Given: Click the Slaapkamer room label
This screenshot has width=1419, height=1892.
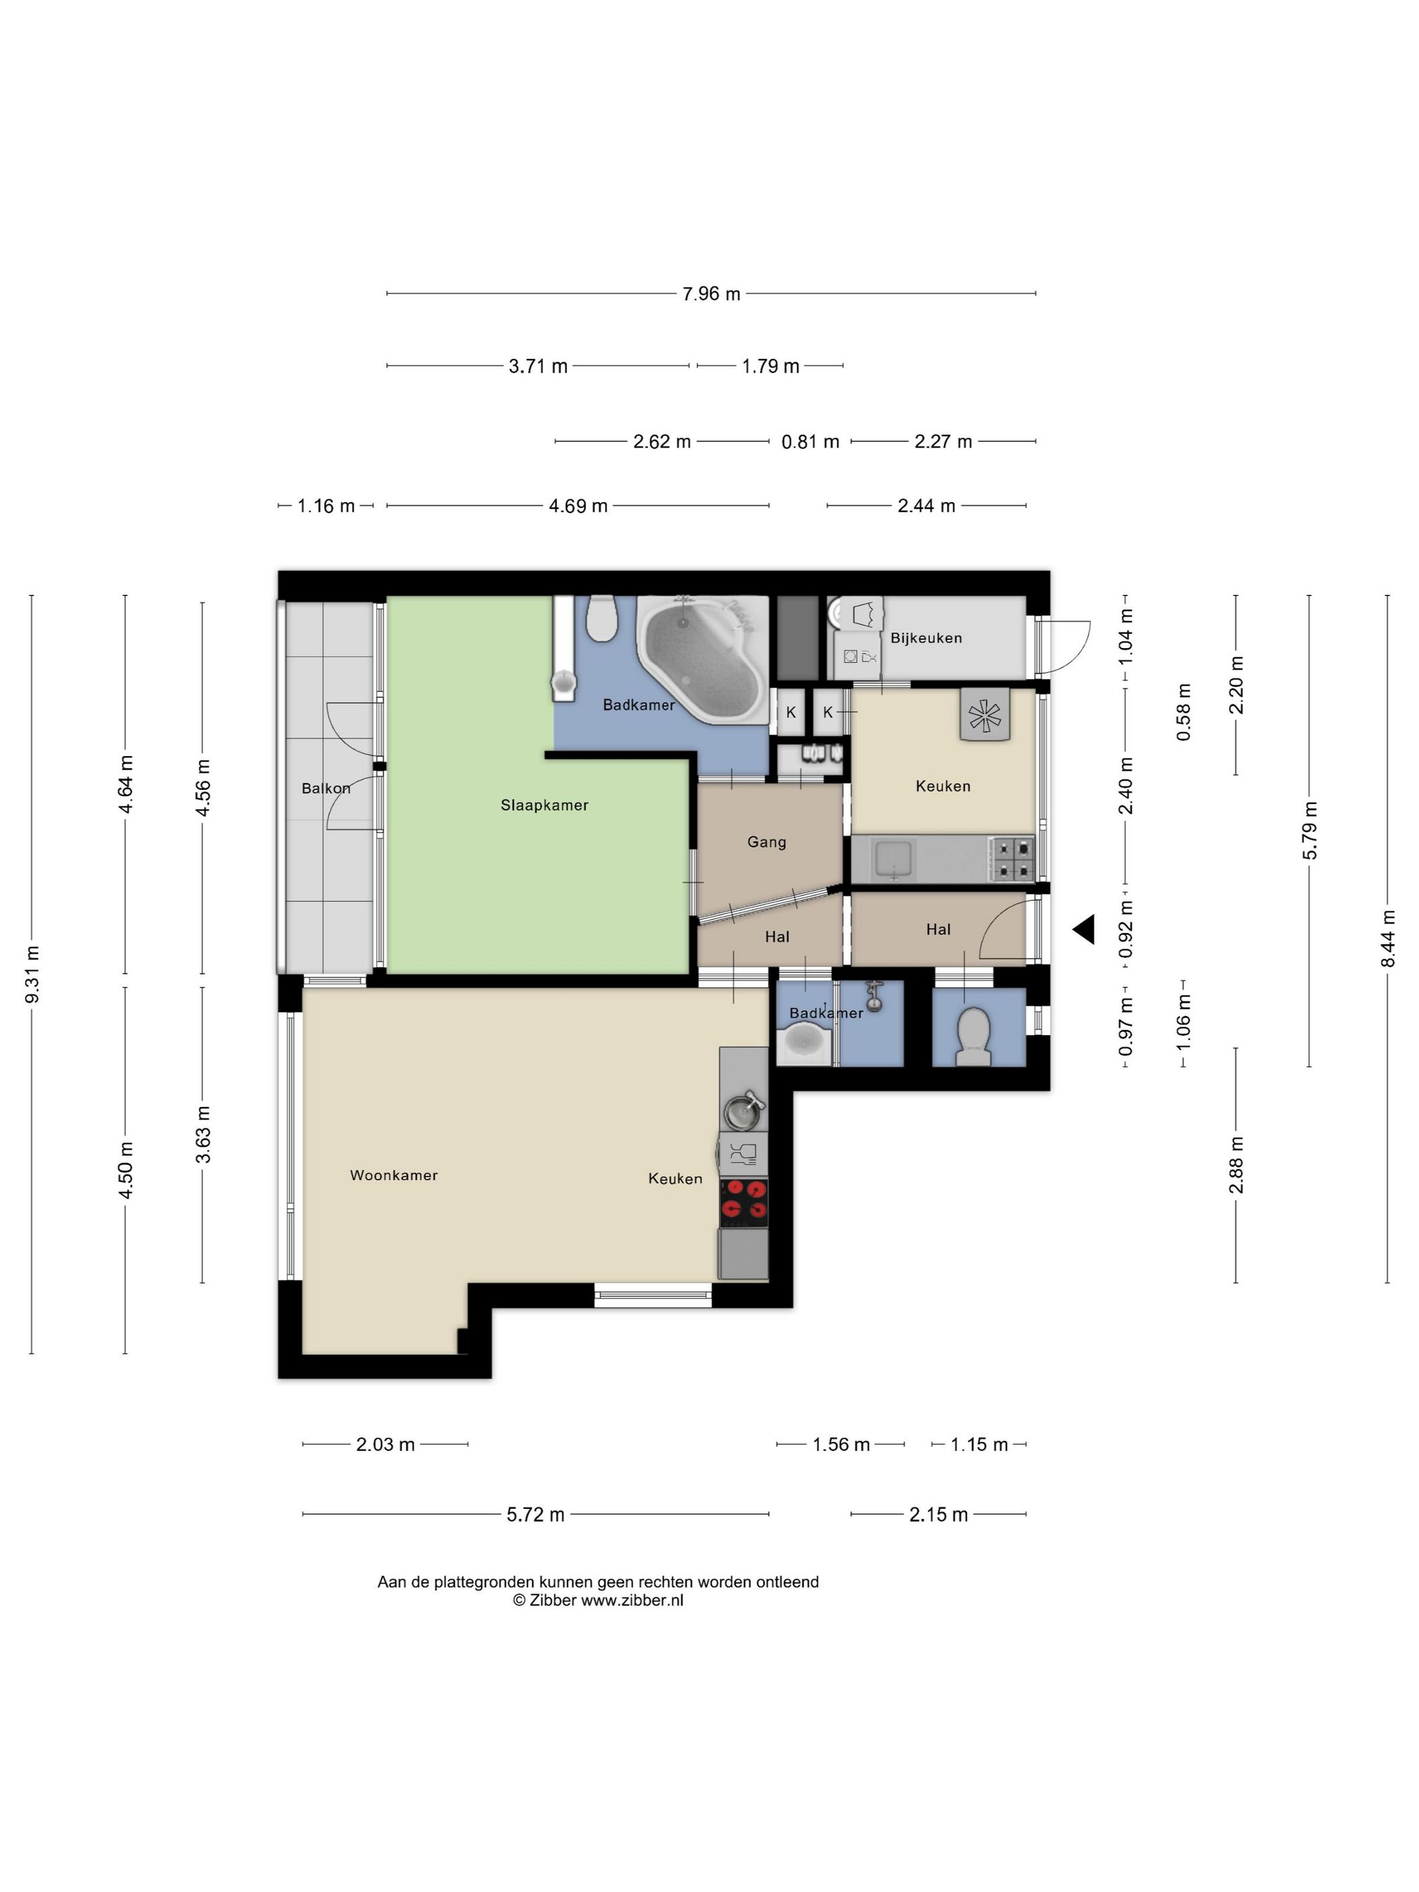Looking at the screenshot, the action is pyautogui.click(x=544, y=805).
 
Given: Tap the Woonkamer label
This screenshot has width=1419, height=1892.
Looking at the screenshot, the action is pyautogui.click(x=393, y=1175).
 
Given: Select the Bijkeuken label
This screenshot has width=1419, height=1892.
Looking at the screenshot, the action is pyautogui.click(x=926, y=638).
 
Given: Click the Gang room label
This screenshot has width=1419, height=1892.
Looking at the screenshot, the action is pyautogui.click(x=766, y=843).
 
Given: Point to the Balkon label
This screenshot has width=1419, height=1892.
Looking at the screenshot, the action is pyautogui.click(x=326, y=789).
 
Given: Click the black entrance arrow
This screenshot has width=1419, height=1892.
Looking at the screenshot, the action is pyautogui.click(x=1084, y=930).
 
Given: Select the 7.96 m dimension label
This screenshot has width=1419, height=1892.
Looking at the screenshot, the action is pyautogui.click(x=711, y=294).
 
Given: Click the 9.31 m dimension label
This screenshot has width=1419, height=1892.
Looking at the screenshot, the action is pyautogui.click(x=32, y=975).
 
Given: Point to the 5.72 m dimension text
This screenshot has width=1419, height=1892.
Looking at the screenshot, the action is pyautogui.click(x=535, y=1515).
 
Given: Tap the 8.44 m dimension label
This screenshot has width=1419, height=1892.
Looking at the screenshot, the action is pyautogui.click(x=1387, y=939).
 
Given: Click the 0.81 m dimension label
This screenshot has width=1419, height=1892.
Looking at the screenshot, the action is pyautogui.click(x=810, y=442).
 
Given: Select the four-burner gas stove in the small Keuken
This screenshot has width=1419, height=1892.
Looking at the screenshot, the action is pyautogui.click(x=1012, y=860).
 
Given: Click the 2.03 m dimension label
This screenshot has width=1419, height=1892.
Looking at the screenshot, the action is pyautogui.click(x=385, y=1445).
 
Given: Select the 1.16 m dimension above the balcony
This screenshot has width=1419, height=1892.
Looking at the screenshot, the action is pyautogui.click(x=326, y=506).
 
